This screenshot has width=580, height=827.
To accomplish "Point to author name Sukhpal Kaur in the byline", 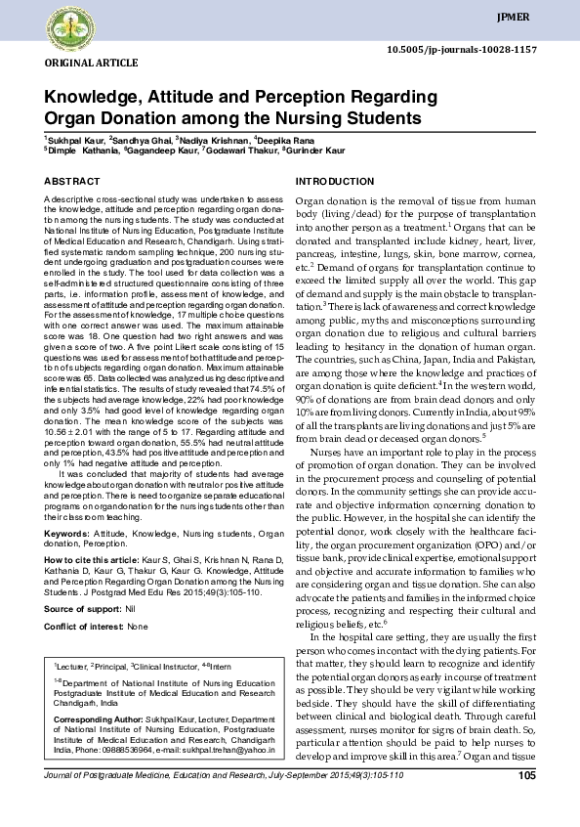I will pos(87,141).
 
